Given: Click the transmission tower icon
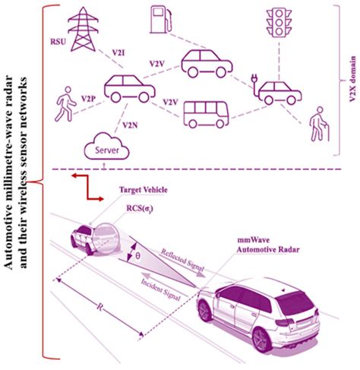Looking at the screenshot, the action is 83,29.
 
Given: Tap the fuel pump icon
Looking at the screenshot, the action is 161,20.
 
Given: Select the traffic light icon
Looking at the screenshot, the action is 279,23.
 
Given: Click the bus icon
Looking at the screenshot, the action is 206,115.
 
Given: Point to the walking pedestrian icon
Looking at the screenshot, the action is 65,104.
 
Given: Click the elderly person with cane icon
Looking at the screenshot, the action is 320,124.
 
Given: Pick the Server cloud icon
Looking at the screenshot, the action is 107,147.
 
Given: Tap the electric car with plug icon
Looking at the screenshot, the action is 276,90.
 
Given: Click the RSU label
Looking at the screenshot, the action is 58,41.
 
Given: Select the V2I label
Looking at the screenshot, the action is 118,52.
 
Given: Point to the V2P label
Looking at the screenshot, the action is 88,99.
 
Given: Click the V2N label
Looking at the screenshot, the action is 130,125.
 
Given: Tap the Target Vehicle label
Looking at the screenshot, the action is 144,190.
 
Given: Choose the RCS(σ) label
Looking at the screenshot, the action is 140,208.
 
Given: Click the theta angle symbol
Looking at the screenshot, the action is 137,255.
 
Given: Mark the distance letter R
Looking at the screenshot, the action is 100,307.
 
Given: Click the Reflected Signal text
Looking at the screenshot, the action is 183,261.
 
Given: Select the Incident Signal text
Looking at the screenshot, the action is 161,289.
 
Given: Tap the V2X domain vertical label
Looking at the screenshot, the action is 352,79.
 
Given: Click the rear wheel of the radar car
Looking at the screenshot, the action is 262,340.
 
